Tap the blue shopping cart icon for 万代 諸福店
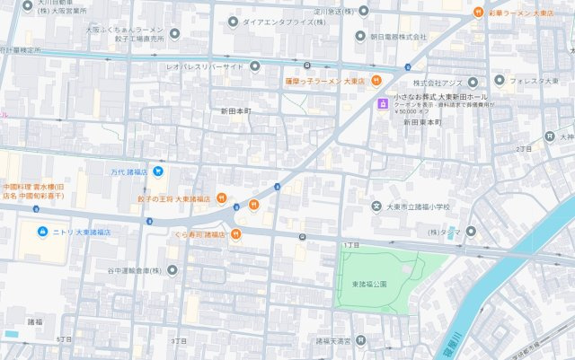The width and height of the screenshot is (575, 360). [158, 171]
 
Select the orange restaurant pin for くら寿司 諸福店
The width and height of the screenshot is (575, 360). [235, 234]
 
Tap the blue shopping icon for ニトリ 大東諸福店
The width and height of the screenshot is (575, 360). [41, 232]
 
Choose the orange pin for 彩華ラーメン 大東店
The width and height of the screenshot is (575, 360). [478, 13]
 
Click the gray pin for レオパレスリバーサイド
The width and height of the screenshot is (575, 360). [254, 66]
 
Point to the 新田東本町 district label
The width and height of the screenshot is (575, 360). [423, 122]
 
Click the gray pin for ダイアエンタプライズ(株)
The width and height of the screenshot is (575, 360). [234, 21]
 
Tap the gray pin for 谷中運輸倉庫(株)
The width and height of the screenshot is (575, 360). [172, 269]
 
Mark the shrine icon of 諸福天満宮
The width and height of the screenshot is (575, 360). [360, 341]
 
